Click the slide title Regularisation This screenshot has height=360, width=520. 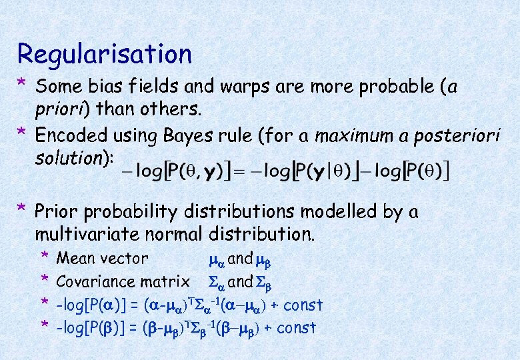click(105, 53)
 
